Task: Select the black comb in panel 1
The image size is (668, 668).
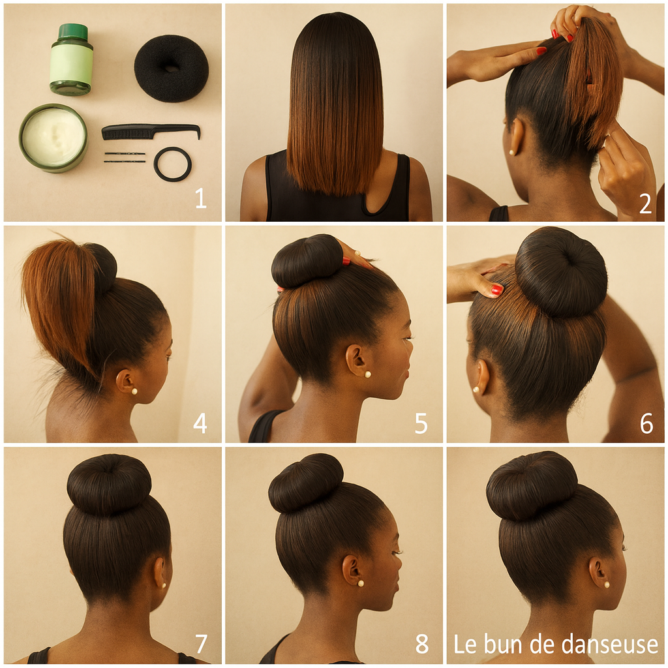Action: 151,131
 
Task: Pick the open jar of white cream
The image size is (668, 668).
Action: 53,138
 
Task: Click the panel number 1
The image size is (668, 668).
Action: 201,198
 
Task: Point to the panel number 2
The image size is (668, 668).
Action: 645,204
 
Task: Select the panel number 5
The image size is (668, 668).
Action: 421,423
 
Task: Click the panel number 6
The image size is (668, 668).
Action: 646,423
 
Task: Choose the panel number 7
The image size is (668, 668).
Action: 201,644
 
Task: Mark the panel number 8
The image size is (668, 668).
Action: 422,644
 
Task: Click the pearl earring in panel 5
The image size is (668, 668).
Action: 367,374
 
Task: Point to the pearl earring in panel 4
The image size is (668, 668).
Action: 134,391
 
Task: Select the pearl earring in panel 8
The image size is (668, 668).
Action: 360,583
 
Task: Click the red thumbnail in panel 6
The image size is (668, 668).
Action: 496,290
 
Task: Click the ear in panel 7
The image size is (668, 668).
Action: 160,571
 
